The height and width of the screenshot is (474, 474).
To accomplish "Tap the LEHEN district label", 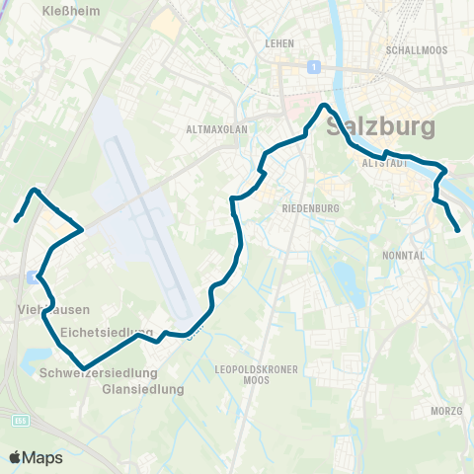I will coord(281,43).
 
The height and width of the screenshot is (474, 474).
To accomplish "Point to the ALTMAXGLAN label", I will coord(214,128).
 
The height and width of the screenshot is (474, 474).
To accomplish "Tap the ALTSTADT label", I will coord(385,163).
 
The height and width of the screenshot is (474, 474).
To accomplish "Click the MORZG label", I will coord(446,411).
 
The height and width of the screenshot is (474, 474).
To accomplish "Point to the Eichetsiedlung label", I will coord(107,332).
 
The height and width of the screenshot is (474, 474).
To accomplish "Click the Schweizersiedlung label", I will coord(99,373).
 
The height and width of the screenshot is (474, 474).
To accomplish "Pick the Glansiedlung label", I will coord(143,389).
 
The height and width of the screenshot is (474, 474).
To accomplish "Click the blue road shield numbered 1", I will coord(313,66).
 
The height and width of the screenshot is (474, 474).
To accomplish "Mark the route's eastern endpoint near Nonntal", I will coord(458,231).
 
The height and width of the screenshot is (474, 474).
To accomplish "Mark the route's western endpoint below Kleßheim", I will coord(17,219).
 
